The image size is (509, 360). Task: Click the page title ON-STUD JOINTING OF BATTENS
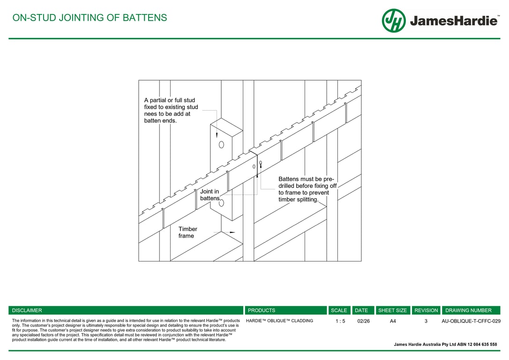coord(90,18)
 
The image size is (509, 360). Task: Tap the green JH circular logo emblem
coord(393,21)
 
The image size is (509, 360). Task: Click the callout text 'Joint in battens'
coord(210,195)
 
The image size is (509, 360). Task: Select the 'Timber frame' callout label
coord(188,232)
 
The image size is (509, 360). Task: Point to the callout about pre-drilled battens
coord(307,189)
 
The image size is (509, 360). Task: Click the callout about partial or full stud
coord(171,110)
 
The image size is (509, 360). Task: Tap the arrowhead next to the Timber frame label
coord(232,232)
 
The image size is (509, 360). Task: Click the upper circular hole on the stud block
coord(222,144)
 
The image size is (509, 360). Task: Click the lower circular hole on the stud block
coord(222,203)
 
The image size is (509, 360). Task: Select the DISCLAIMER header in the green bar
coord(27,310)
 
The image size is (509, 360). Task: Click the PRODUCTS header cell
coord(262,310)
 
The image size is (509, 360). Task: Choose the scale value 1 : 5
coord(340,321)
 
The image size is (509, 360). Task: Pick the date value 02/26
coord(363,321)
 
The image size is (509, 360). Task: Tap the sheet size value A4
coord(393,321)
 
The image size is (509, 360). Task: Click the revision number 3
coord(426,321)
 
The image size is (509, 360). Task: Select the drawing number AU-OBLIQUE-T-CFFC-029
coord(471,321)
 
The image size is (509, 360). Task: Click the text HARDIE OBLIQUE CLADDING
coord(279,321)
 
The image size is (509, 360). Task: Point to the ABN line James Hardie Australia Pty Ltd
coord(445,345)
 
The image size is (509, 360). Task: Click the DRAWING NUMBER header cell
coord(468,310)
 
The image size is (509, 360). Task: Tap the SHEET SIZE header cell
coord(392,310)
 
